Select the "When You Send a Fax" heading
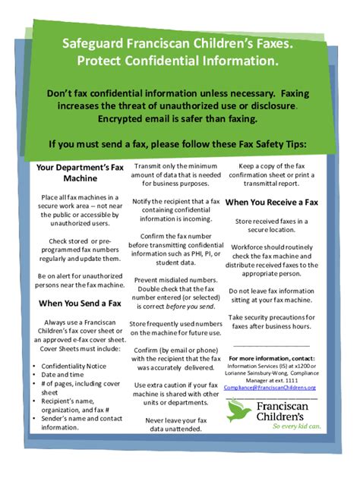coord(80,303)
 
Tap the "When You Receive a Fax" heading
coord(271,203)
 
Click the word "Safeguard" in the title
coord(96,46)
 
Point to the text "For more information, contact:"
coord(271,357)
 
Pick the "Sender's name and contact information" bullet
coord(74,423)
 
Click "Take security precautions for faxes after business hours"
coord(271,322)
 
